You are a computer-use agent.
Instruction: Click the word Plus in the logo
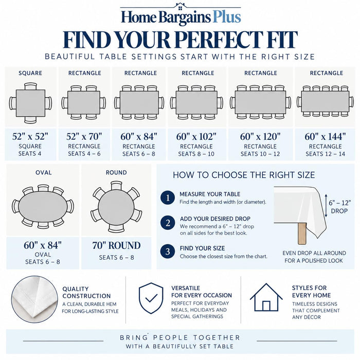227,17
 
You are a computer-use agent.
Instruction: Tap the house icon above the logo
180,6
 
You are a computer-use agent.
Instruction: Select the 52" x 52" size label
30,136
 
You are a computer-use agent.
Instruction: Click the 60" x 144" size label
325,137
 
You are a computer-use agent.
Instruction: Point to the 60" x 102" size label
196,137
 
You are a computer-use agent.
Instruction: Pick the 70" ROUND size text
116,245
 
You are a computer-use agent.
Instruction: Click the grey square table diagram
30,103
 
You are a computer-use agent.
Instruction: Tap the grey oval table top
43,207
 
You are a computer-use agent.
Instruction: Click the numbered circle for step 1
168,197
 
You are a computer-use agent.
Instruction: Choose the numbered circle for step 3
168,251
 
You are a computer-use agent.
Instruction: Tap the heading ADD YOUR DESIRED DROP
215,219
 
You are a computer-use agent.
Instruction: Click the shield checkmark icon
151,298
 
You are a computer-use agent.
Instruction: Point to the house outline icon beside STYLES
266,297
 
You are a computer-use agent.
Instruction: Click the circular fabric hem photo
34,299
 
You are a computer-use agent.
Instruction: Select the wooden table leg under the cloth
302,233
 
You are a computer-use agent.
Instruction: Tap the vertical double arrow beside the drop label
326,206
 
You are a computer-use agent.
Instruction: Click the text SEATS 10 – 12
260,154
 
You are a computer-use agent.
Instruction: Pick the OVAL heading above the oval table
43,172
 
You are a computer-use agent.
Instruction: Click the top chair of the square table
30,86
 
